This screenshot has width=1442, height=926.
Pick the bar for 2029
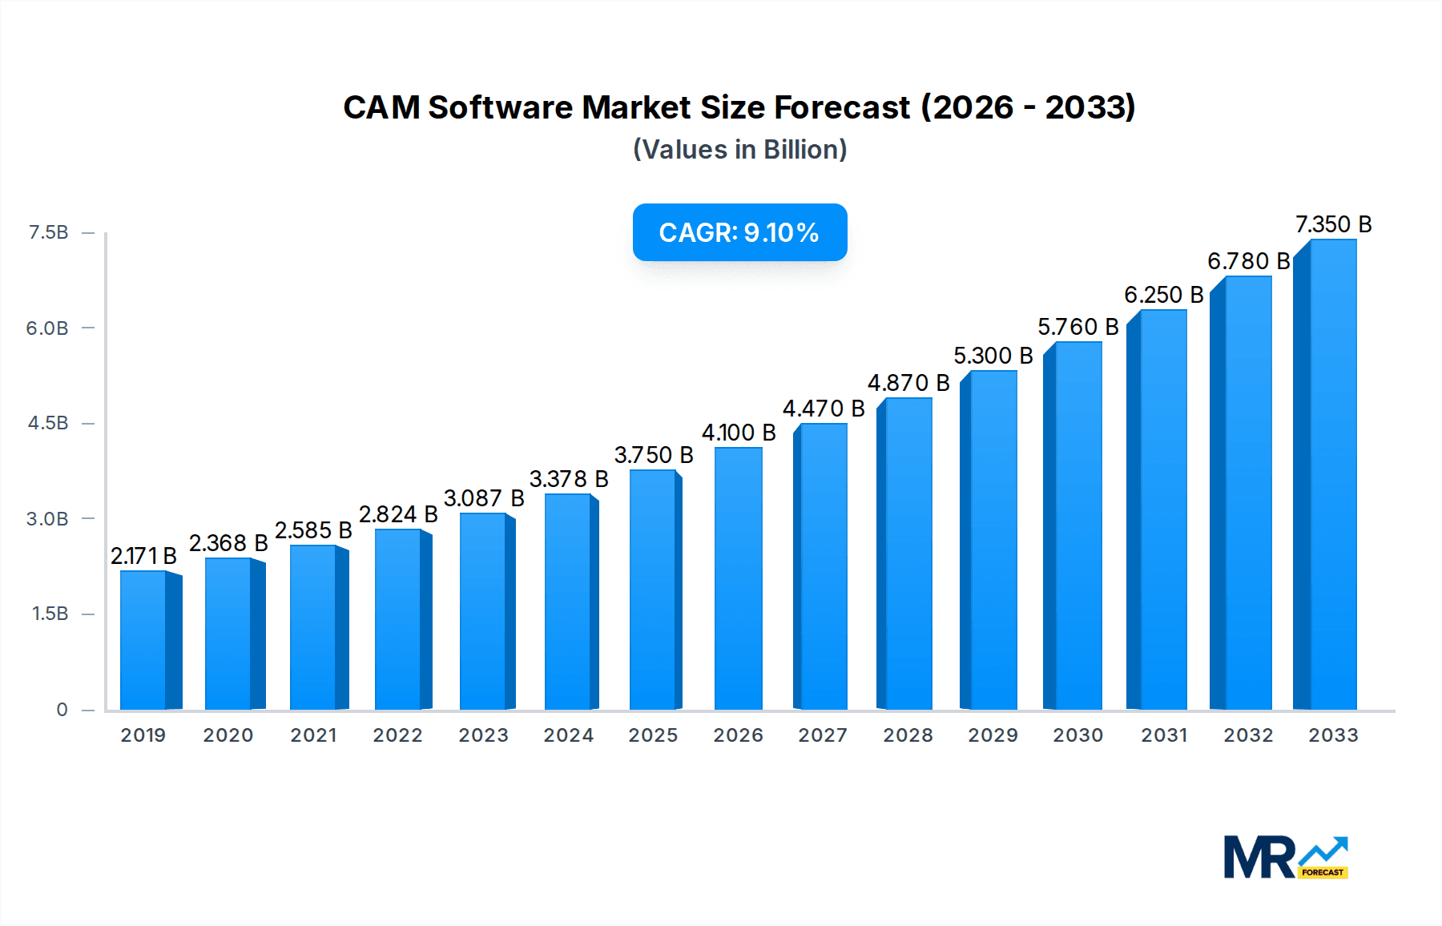[992, 540]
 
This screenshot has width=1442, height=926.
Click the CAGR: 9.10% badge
[739, 232]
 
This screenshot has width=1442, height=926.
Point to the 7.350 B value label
[1333, 224]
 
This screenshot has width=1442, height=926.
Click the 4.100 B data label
[739, 433]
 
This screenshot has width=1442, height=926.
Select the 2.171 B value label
[143, 555]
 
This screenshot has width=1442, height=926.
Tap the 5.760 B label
[1077, 327]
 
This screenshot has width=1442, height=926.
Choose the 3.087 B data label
[484, 498]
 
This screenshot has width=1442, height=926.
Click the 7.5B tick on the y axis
[48, 232]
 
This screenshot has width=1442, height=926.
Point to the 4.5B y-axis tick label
[48, 423]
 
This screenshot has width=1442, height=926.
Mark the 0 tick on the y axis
[62, 710]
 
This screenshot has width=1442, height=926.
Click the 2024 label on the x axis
[568, 735]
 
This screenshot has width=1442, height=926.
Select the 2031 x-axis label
[1163, 735]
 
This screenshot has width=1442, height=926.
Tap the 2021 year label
[313, 735]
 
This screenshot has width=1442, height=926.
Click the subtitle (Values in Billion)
[739, 150]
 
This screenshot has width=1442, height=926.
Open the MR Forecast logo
[1285, 857]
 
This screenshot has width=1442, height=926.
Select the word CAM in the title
[381, 107]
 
